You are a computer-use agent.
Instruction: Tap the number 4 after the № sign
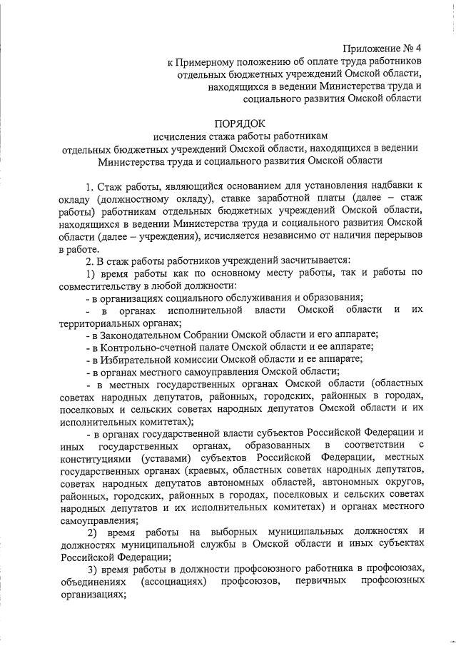point(420,49)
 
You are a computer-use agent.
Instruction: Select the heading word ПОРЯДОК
point(244,123)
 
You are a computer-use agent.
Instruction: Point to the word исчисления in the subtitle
point(179,136)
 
